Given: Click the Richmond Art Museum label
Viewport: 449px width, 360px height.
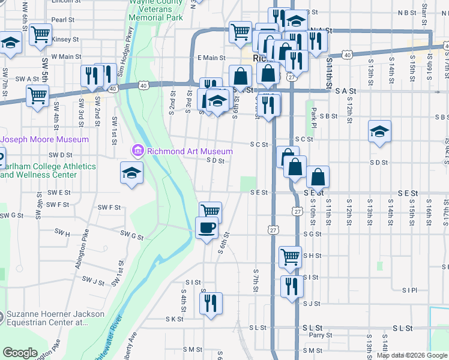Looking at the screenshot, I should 190,151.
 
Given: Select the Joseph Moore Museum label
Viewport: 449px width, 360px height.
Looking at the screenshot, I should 45,139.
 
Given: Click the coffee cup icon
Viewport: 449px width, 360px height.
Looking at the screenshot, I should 207,227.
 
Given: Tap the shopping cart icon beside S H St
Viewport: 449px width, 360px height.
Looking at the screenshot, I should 290,256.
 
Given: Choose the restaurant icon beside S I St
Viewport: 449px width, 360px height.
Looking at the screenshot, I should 292,286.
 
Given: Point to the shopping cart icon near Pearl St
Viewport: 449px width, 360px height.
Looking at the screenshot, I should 41,34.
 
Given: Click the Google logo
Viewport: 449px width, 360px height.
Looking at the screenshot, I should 20,352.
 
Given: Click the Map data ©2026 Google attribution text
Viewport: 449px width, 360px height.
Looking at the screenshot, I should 412,355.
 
